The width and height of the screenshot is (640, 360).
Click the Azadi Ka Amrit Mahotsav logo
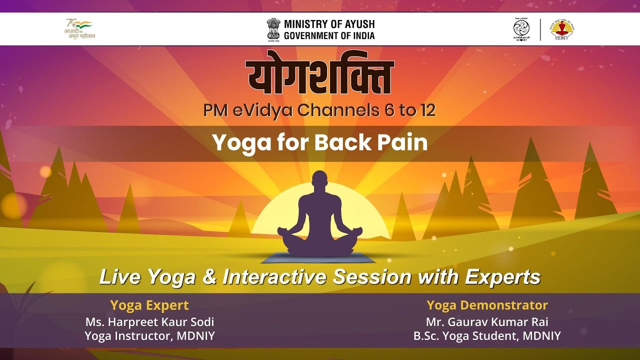pyautogui.click(x=80, y=29)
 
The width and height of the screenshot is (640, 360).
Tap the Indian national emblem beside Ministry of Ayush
pyautogui.click(x=273, y=29)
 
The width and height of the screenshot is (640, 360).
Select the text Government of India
pyautogui.click(x=329, y=35)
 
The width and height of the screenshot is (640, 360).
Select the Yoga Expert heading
pyautogui.click(x=149, y=305)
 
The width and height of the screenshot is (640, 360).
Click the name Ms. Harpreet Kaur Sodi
pyautogui.click(x=149, y=322)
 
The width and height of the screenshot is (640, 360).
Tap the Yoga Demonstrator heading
pyautogui.click(x=487, y=305)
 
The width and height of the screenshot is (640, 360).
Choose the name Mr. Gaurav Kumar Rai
pyautogui.click(x=487, y=322)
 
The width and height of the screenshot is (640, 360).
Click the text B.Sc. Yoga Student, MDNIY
pyautogui.click(x=487, y=336)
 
